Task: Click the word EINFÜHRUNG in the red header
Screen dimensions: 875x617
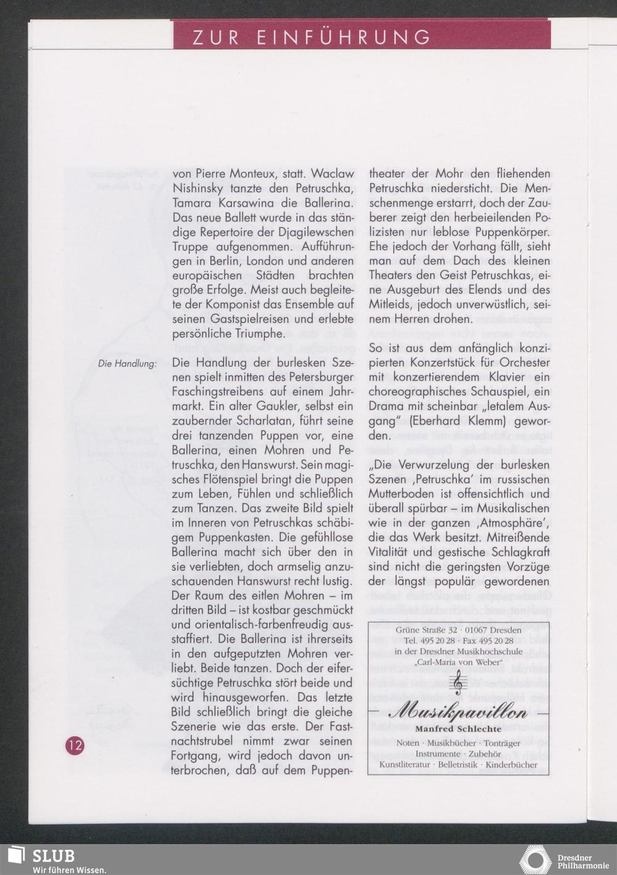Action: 344,38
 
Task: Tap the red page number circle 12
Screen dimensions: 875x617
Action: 75,745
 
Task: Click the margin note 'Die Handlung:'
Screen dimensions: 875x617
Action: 127,363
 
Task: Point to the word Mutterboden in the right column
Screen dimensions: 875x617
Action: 404,494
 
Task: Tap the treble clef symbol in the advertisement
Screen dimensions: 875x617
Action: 457,684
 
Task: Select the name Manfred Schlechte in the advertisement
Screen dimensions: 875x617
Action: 458,729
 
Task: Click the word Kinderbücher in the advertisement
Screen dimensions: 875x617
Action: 511,765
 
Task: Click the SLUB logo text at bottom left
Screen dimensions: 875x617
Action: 53,856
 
